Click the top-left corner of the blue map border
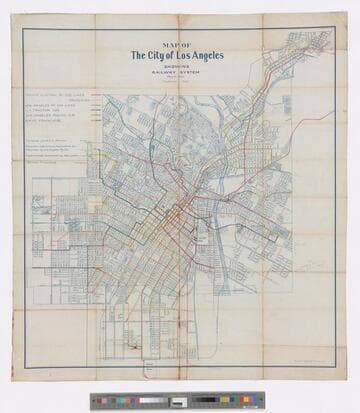23,28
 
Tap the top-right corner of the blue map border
336,28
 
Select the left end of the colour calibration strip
92,401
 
